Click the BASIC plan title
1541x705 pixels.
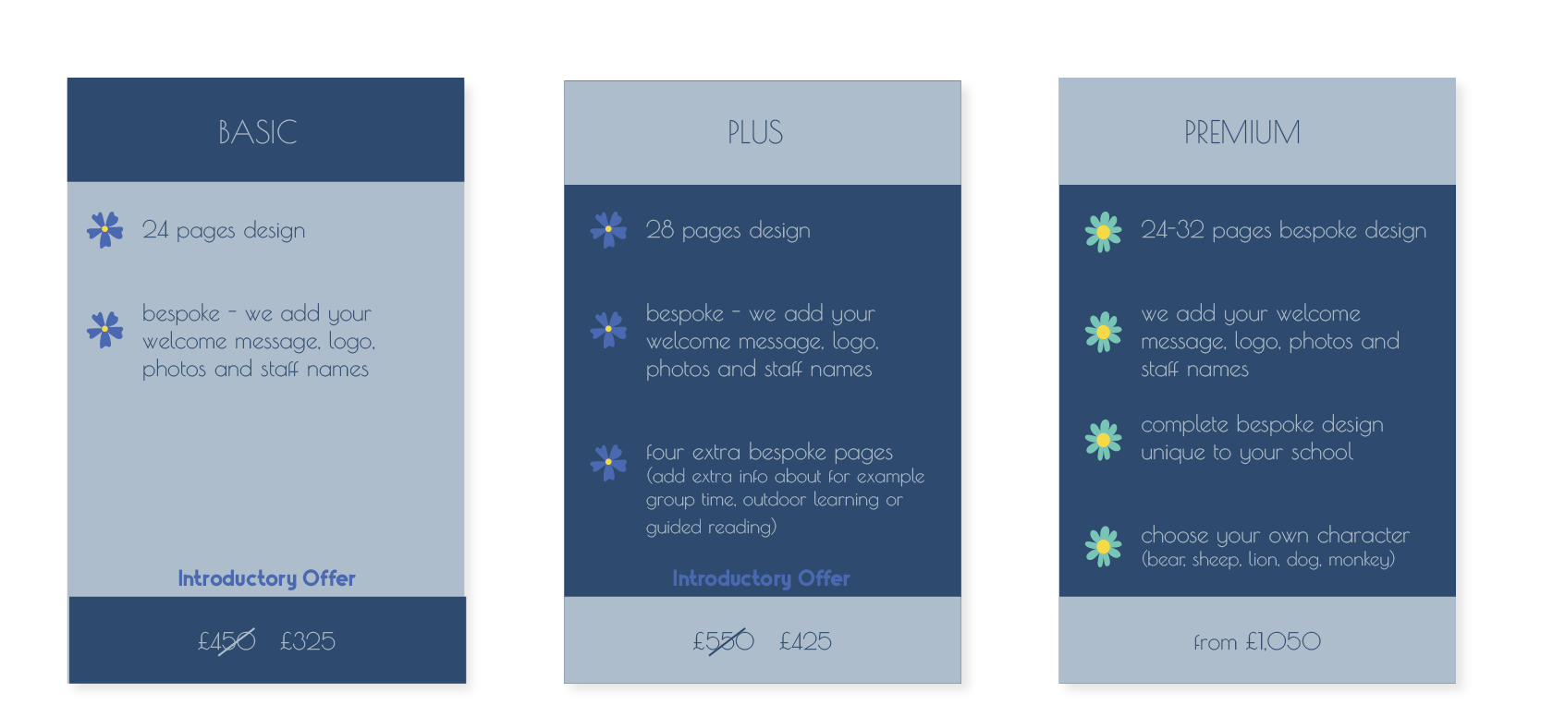258,132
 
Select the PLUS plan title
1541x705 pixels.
755,132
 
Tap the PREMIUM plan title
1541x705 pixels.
1242,132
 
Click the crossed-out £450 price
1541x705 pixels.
227,641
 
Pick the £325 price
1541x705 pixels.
308,641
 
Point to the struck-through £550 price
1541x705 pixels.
723,641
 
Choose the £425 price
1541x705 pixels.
805,641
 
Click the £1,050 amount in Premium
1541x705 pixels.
1283,642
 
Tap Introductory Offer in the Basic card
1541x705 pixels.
267,578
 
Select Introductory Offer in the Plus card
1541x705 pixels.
761,578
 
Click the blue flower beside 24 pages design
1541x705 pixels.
105,229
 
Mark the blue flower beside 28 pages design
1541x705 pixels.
609,229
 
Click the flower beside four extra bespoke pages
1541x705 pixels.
609,462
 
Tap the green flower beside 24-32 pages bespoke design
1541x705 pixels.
1104,232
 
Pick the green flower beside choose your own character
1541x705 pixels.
1104,547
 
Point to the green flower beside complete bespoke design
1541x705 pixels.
1104,440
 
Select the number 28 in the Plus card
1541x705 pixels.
660,229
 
